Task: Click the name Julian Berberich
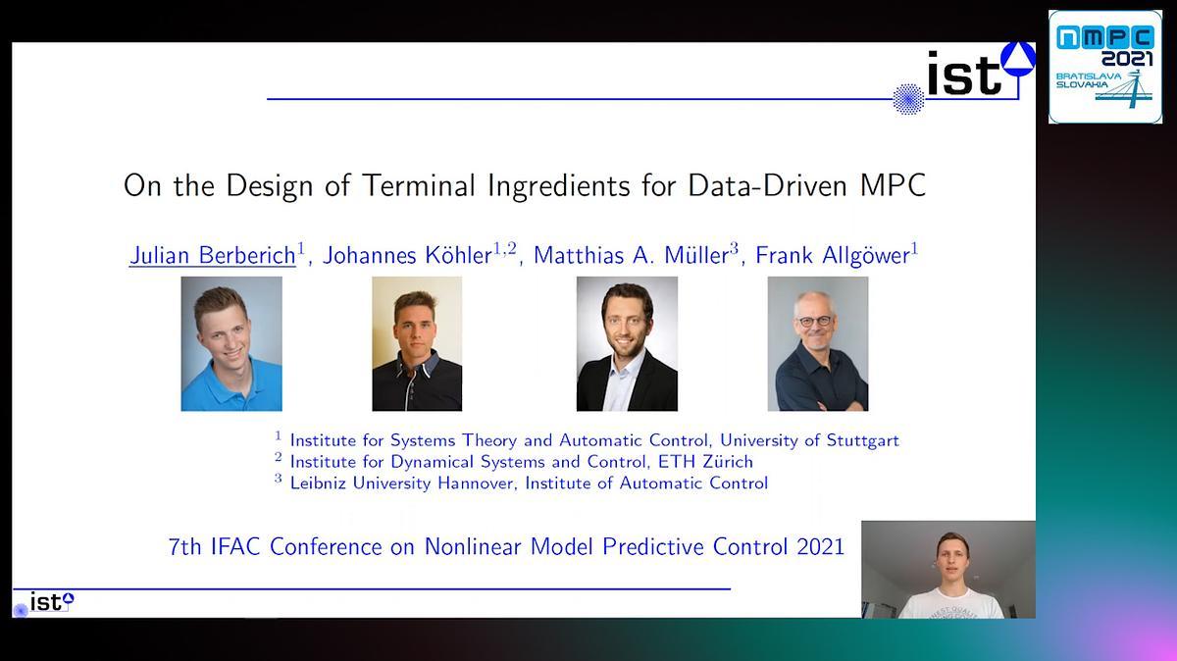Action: (212, 255)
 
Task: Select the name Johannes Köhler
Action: (406, 255)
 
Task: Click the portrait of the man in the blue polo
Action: (231, 343)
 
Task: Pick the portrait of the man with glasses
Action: (817, 343)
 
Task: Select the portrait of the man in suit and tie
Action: (627, 343)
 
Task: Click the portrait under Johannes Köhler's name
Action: (417, 343)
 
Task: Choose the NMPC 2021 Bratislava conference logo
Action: (1104, 67)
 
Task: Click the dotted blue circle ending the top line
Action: (908, 99)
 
